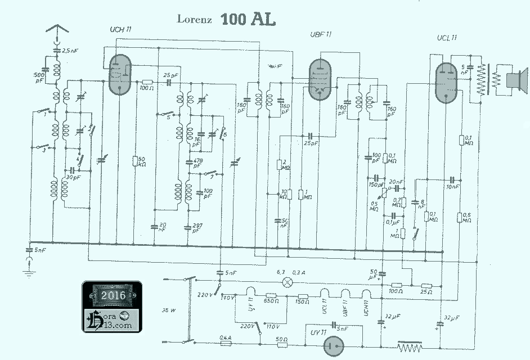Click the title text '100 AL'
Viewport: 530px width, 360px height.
coord(248,19)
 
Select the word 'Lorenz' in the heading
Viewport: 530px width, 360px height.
coord(195,20)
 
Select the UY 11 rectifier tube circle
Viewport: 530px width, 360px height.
coord(336,344)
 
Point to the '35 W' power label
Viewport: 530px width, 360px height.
coord(169,310)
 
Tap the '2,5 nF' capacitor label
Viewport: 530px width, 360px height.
coord(70,51)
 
